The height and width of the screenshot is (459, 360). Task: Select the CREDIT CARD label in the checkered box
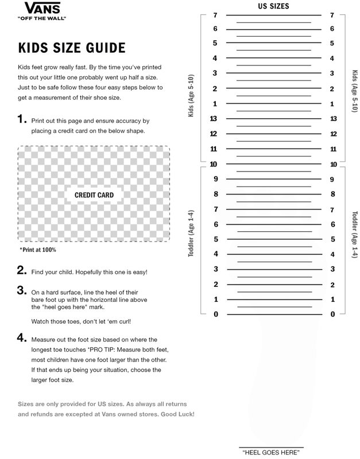click(94, 195)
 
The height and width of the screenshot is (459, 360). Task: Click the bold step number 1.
click(22, 119)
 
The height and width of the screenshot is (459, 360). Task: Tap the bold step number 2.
click(22, 270)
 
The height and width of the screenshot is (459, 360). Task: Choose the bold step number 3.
click(22, 290)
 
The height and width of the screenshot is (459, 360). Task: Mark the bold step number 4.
click(22, 338)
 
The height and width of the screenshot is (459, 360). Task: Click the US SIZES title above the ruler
click(273, 6)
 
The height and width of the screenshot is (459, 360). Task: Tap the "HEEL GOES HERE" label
click(271, 453)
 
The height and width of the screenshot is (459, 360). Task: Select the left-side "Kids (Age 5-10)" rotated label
click(192, 96)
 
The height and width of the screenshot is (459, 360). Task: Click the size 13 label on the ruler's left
click(214, 119)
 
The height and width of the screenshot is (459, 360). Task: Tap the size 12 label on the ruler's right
click(333, 134)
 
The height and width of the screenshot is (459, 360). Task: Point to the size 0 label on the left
click(215, 314)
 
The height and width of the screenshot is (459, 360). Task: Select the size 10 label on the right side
click(333, 164)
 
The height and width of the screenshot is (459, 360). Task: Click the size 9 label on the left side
click(215, 179)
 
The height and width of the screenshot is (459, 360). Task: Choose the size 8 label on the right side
click(332, 195)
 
